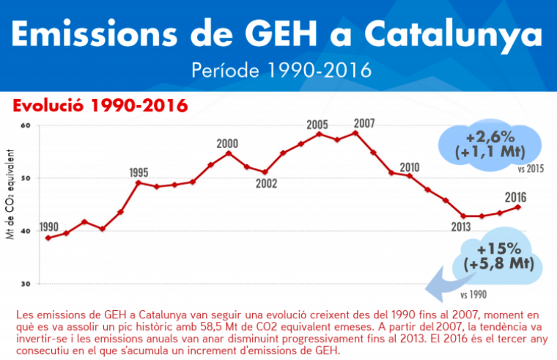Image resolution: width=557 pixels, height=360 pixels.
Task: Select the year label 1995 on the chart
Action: tap(139, 172)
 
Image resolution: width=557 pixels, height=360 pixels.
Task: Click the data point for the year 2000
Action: tap(229, 153)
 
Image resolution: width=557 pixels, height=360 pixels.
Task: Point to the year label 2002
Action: tap(267, 184)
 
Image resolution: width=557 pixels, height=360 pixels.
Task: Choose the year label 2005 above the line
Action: tap(317, 123)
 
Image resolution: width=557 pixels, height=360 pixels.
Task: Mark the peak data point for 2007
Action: tap(355, 133)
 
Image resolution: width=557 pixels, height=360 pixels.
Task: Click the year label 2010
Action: tap(410, 166)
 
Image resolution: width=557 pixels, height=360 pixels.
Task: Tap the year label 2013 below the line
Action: tap(460, 227)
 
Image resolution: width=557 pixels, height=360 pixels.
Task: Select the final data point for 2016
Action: tap(518, 207)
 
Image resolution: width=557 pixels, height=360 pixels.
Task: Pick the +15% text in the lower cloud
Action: tap(498, 248)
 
